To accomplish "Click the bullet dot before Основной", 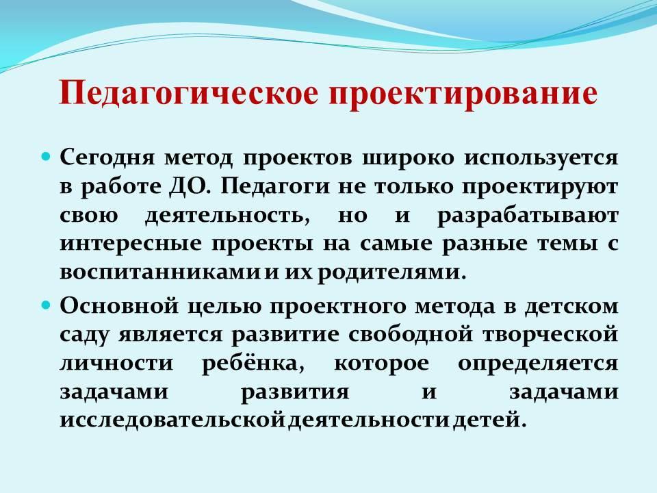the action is point(47,305).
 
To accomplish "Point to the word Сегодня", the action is point(107,159).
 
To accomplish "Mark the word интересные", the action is point(131,244).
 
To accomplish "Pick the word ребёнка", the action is point(253,363).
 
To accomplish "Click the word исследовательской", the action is point(172,420).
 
